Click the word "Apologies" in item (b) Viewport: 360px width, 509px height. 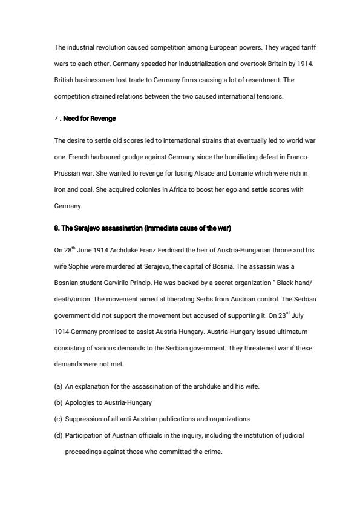pos(82,402)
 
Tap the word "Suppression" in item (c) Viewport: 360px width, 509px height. pos(85,419)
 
